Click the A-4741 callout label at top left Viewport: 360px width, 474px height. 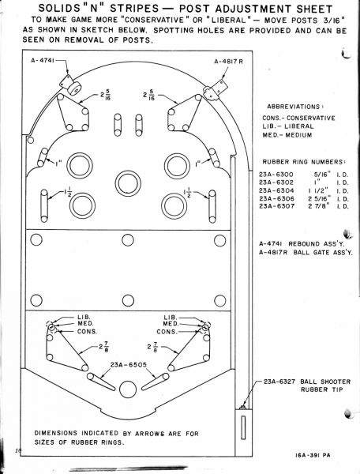coord(43,61)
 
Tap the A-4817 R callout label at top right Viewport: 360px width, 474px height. coord(229,62)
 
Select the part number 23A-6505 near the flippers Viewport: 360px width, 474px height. coord(129,365)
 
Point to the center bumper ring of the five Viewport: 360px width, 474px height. coord(128,183)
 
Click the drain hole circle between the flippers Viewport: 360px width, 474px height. coord(128,389)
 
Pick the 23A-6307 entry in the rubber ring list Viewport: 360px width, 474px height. coord(276,206)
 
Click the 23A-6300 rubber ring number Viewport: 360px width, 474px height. coord(276,175)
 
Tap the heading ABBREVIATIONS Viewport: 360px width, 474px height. coord(293,107)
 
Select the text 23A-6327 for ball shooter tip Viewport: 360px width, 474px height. coord(279,382)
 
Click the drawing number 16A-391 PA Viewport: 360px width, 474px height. coord(313,455)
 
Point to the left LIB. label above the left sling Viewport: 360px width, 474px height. coord(84,317)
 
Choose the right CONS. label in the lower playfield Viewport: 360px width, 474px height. coord(167,332)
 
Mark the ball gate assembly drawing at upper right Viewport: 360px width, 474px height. coord(215,88)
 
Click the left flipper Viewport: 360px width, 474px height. coord(101,382)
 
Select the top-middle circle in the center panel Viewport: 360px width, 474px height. coord(128,240)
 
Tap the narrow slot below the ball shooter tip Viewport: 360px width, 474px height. coord(243,427)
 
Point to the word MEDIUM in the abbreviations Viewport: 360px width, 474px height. coord(298,135)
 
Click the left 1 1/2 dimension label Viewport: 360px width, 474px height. coord(67,193)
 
